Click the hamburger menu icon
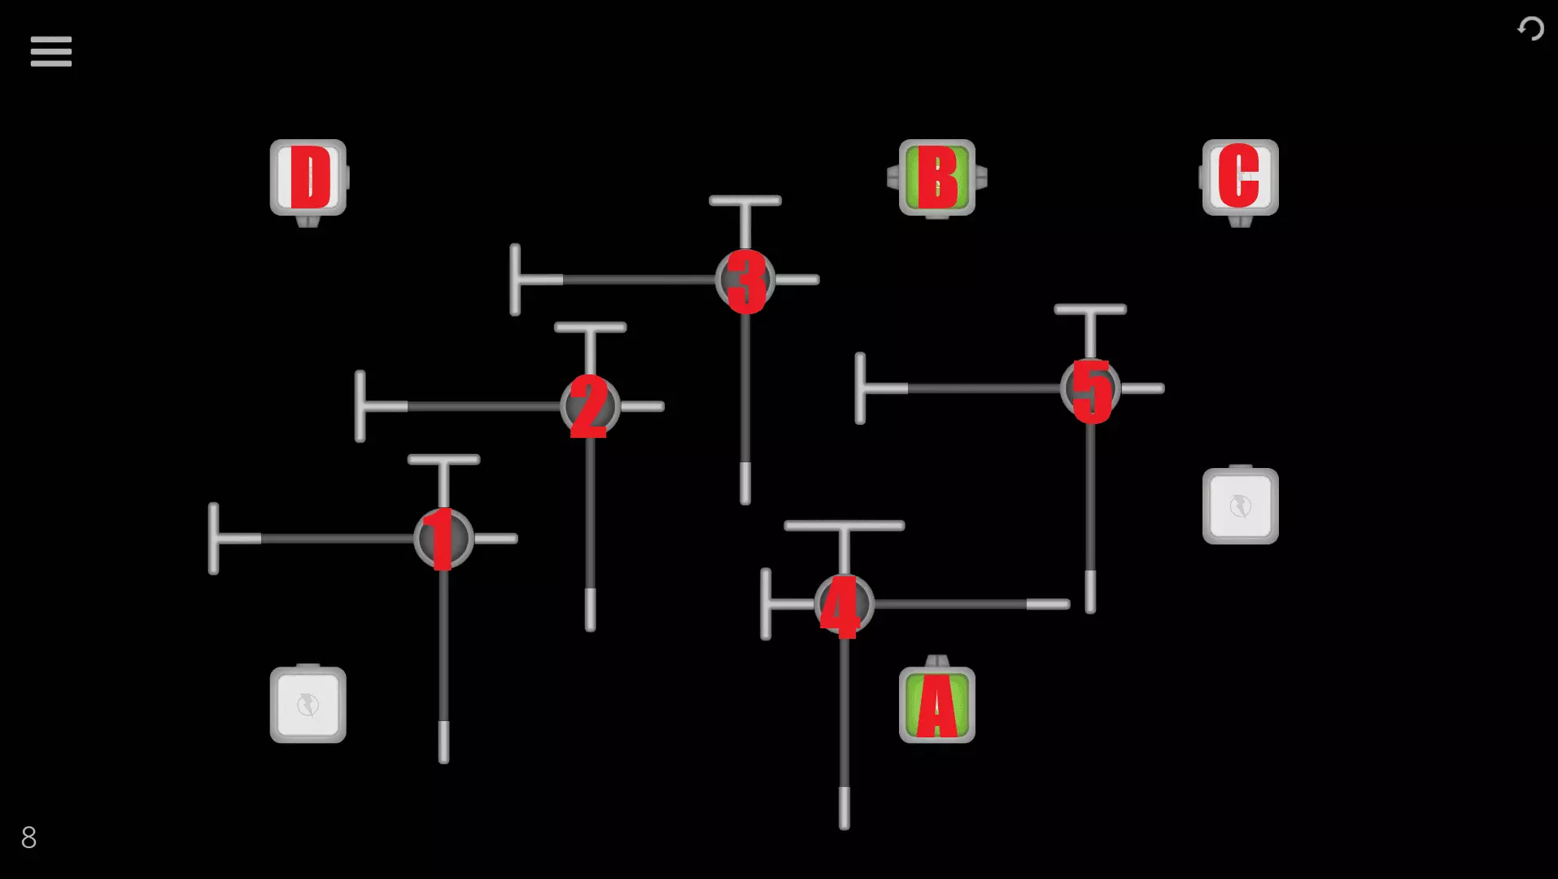click(x=51, y=51)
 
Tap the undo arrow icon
click(x=1530, y=29)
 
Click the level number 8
click(x=28, y=837)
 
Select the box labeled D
click(x=308, y=177)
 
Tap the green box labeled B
click(x=937, y=177)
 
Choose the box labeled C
click(x=1241, y=177)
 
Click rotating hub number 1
click(x=443, y=538)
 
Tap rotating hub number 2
click(x=590, y=406)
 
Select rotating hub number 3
click(x=745, y=280)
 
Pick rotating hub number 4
click(x=844, y=604)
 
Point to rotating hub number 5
click(x=1090, y=389)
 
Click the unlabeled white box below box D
click(x=308, y=705)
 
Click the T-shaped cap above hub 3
click(x=745, y=200)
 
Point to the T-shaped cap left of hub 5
click(x=860, y=388)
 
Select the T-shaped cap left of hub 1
click(x=213, y=538)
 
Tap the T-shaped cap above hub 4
click(x=844, y=526)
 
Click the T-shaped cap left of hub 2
click(x=360, y=406)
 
